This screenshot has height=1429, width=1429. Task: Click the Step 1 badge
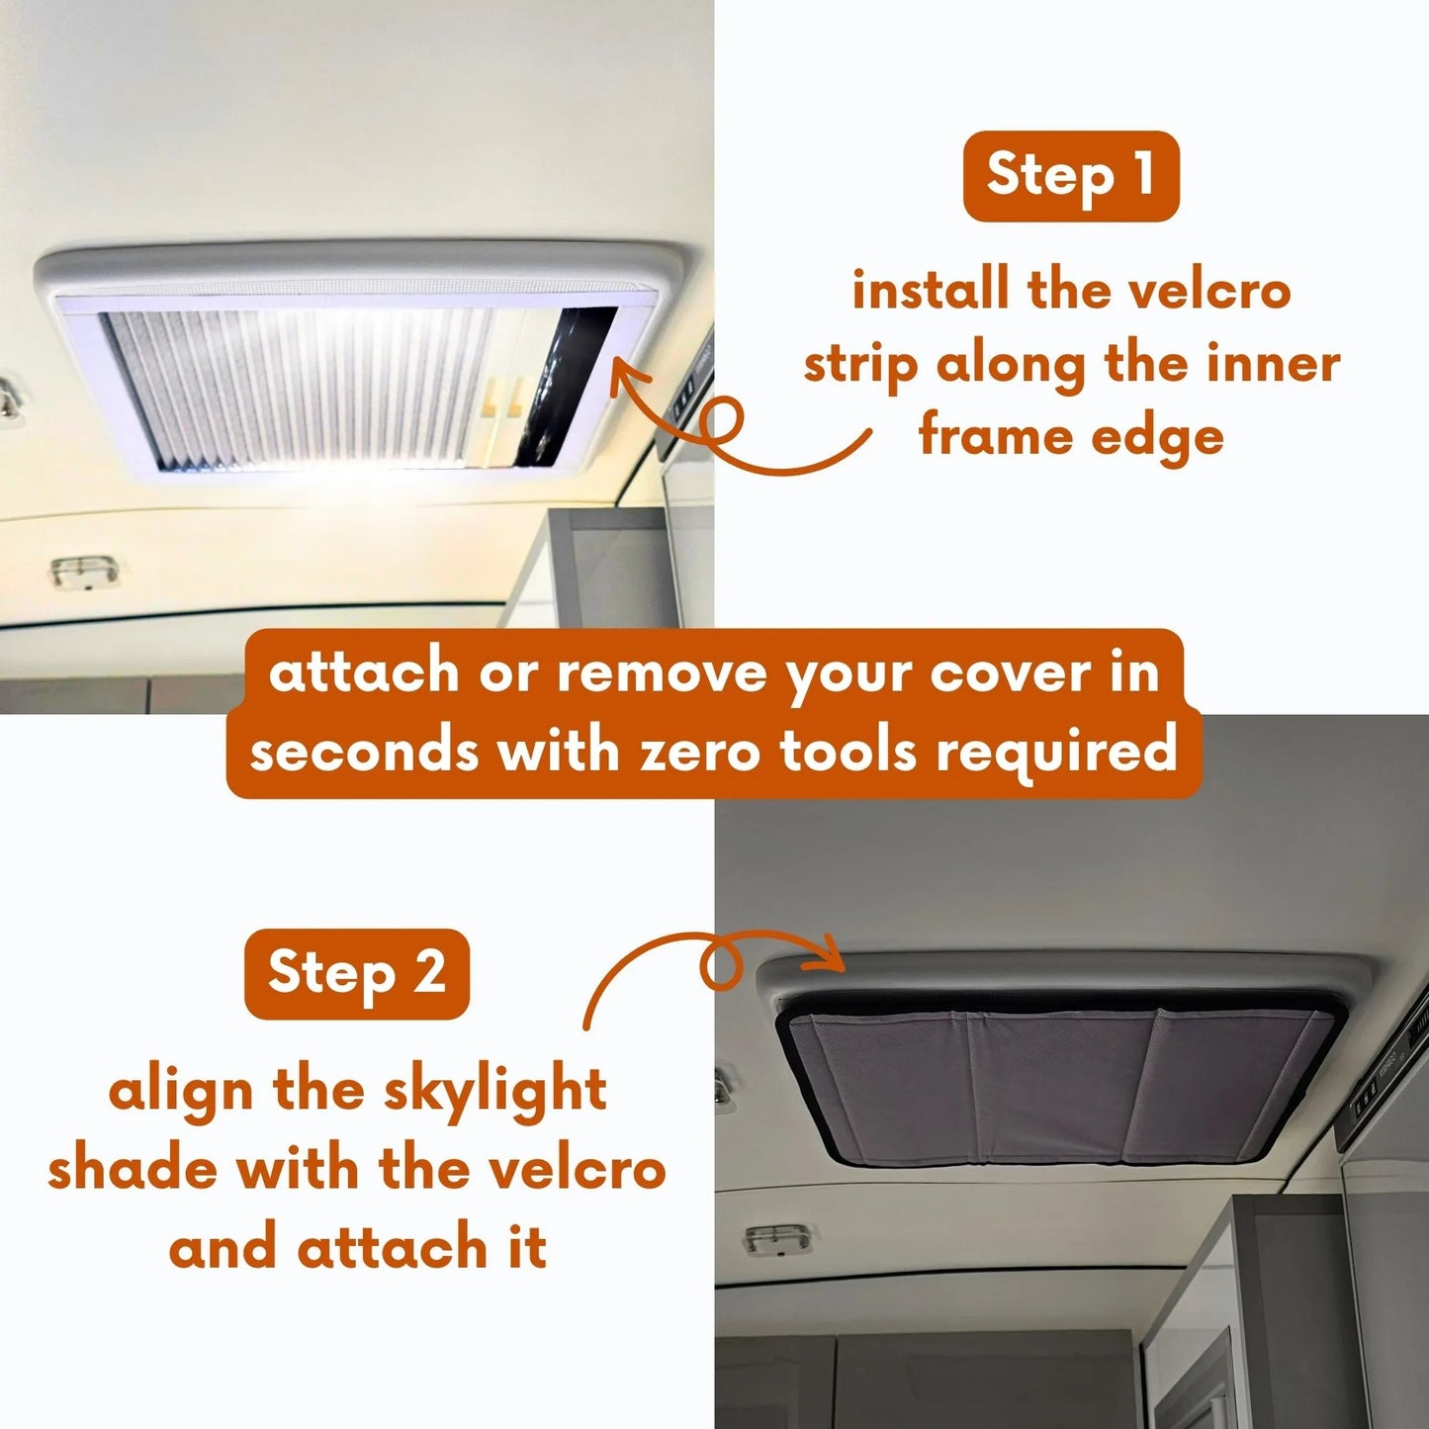(x=1071, y=175)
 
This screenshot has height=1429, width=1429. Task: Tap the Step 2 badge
(x=356, y=973)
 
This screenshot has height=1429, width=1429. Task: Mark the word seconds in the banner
(x=364, y=752)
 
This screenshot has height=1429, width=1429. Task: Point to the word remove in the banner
(x=662, y=674)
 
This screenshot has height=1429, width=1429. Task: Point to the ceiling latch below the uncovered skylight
(x=83, y=571)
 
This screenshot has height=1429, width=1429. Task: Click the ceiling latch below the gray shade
(x=777, y=1239)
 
